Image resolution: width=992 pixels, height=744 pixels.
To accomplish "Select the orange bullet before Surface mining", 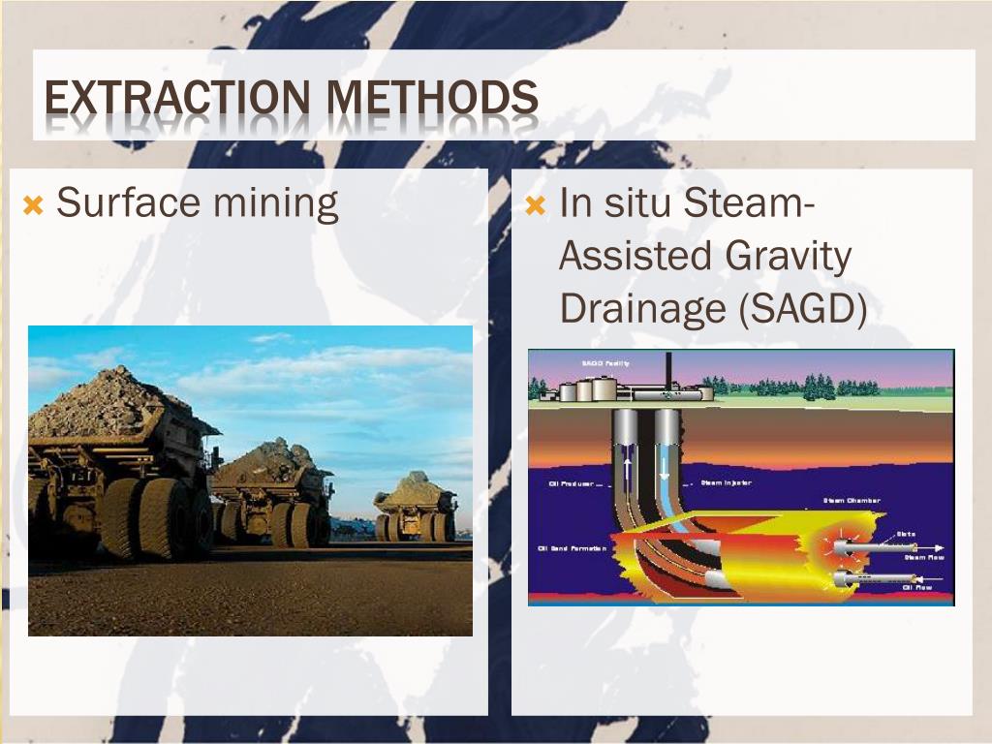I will click(34, 205).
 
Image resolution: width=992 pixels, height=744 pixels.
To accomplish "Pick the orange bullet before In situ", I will click(536, 205).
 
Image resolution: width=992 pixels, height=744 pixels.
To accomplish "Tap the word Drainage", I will click(639, 308).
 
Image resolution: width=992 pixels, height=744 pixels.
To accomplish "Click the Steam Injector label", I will click(726, 481).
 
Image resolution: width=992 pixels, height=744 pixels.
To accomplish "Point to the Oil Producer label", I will click(571, 483).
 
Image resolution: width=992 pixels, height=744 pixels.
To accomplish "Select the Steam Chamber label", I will click(852, 501).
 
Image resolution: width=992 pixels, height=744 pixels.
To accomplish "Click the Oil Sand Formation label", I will click(572, 548).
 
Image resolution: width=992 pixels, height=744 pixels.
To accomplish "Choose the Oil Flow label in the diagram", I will click(917, 586).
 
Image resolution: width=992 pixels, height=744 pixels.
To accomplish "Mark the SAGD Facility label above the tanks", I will click(605, 363).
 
